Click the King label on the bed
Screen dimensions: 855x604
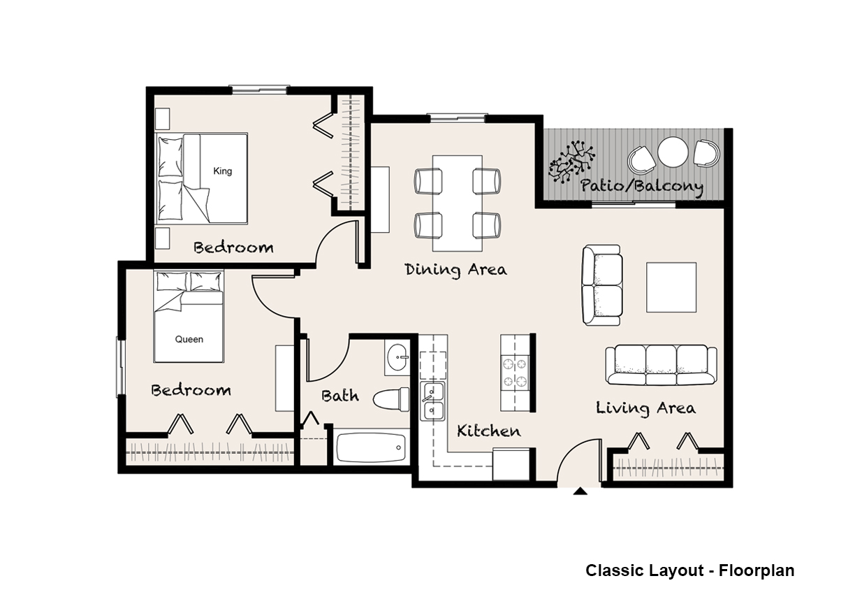(223, 171)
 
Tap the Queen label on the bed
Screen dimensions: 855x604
(189, 339)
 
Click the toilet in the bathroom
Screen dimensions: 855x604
(391, 399)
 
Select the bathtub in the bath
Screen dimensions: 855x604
(370, 447)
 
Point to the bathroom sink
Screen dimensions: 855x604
(397, 358)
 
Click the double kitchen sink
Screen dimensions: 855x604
(432, 401)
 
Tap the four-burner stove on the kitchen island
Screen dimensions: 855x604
(515, 371)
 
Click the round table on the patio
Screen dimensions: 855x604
(673, 152)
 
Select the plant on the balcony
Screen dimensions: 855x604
(571, 161)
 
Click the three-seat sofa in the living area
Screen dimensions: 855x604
(661, 365)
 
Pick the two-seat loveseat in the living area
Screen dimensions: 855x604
(602, 285)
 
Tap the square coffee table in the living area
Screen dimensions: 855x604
(671, 287)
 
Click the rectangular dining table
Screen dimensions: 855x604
(458, 203)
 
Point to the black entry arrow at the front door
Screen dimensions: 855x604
(580, 491)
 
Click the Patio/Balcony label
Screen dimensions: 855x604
(642, 187)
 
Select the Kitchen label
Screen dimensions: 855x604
(488, 431)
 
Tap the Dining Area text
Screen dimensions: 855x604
(455, 270)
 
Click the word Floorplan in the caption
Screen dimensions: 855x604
(757, 570)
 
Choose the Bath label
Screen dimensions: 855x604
(340, 396)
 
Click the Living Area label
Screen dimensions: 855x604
(645, 408)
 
